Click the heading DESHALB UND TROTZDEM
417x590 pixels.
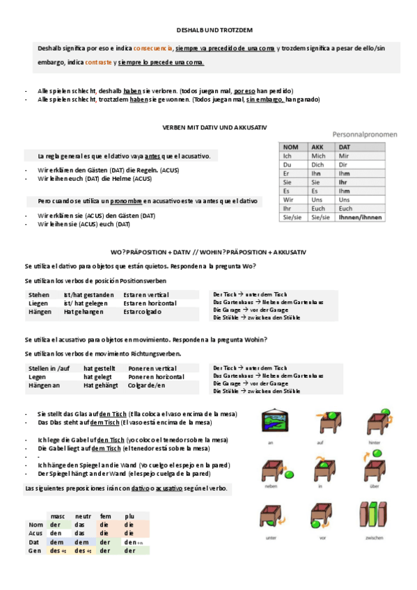coord(214,31)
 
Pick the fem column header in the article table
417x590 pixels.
coord(107,516)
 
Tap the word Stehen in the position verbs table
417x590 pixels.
coord(39,295)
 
